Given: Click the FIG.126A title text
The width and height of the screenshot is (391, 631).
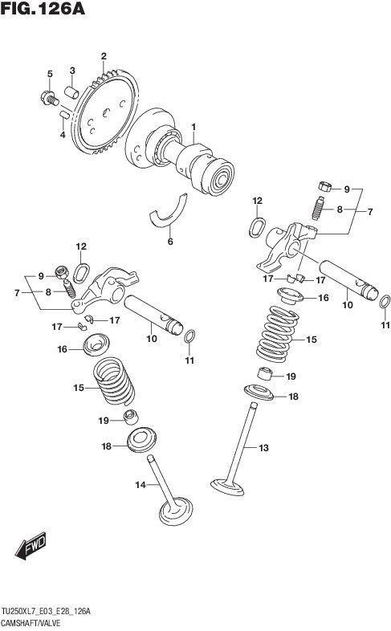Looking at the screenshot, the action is (43, 8).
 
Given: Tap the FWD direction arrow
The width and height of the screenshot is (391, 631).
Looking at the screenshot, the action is (31, 546).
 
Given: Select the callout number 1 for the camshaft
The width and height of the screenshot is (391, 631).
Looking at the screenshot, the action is (193, 128).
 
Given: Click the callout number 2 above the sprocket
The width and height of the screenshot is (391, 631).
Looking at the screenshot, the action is (104, 56).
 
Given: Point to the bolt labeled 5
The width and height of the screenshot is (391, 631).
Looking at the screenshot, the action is (49, 98).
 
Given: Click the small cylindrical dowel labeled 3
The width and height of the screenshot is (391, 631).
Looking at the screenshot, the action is (72, 92).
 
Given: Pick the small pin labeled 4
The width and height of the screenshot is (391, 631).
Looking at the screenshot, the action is (65, 114).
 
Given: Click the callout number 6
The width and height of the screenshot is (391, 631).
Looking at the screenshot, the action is (170, 242).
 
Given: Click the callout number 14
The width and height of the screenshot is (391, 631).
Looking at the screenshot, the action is (140, 486).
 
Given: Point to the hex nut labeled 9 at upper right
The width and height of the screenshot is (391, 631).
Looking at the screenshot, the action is (324, 186).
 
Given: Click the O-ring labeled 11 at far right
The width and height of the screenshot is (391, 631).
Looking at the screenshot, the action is (385, 301).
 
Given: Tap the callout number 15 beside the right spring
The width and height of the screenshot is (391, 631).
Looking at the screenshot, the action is (312, 340).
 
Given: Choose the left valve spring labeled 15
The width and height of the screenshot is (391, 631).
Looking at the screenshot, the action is (114, 381).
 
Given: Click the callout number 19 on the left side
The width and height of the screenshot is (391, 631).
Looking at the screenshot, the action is (104, 421).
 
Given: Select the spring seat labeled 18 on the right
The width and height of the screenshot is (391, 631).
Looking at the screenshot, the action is (259, 392).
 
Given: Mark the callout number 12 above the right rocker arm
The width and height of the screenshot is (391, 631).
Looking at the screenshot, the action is (258, 201).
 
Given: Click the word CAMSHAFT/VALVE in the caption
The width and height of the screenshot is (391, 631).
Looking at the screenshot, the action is (31, 623).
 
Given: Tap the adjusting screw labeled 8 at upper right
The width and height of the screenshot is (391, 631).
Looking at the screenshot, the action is (318, 208).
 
